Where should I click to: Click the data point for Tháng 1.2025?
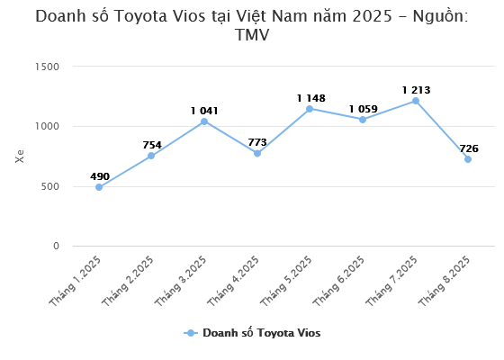[x=99, y=187]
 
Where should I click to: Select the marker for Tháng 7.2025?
[x=415, y=101]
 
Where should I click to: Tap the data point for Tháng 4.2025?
[x=256, y=153]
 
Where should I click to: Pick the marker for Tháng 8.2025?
[x=468, y=159]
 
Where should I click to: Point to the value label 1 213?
[x=415, y=89]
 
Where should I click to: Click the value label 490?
[x=99, y=176]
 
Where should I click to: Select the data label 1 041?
[x=204, y=111]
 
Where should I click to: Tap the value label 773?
[x=256, y=142]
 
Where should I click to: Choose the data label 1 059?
[x=363, y=109]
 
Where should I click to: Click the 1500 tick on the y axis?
[x=47, y=67]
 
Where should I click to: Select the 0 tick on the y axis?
[x=56, y=246]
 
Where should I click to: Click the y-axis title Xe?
[x=20, y=156]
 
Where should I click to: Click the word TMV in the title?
[x=252, y=35]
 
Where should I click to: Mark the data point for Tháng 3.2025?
[x=204, y=121]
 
